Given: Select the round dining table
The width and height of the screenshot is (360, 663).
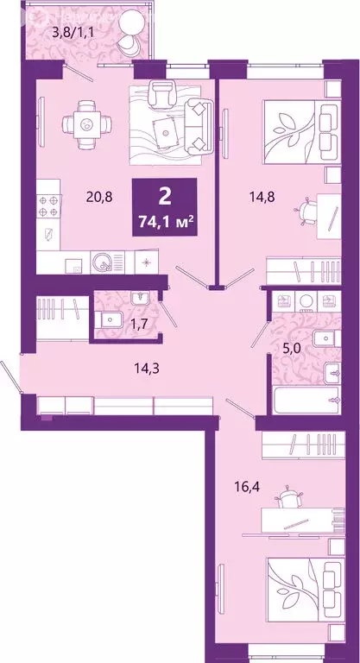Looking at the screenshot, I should (86, 124).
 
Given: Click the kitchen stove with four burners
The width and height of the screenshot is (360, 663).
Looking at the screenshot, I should (47, 207).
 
